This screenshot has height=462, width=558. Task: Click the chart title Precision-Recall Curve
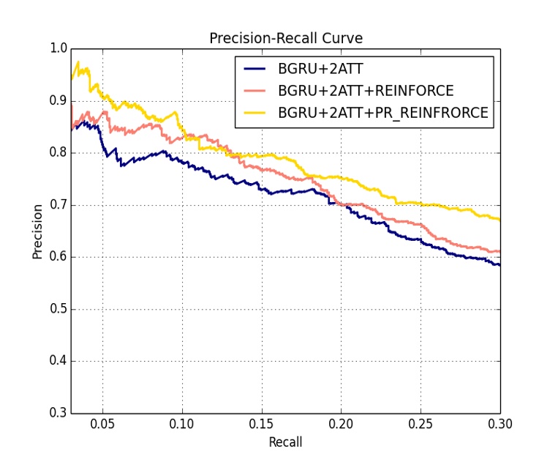click(x=285, y=38)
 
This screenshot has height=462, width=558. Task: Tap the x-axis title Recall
click(x=285, y=442)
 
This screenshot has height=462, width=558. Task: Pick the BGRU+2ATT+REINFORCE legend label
click(x=366, y=92)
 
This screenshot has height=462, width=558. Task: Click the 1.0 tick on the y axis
click(x=59, y=49)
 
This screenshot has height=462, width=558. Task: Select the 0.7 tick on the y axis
click(x=59, y=205)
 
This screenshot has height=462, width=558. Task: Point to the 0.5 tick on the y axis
click(x=59, y=309)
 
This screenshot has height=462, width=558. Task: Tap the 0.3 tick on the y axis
click(x=59, y=413)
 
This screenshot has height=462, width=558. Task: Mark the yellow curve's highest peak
click(x=78, y=62)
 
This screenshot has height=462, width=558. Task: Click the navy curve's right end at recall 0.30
click(x=499, y=265)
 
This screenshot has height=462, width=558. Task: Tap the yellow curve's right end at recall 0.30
click(x=499, y=219)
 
